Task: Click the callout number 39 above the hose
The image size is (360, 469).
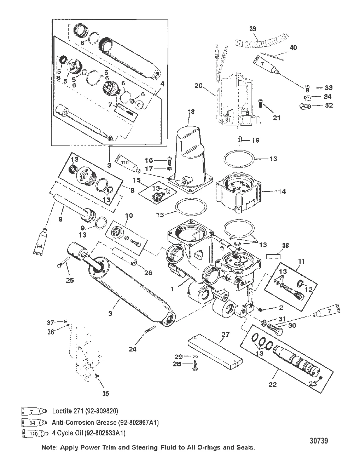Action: (x=253, y=29)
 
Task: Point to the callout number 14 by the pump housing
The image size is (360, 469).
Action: (x=282, y=191)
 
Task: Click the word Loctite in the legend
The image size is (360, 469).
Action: (x=62, y=411)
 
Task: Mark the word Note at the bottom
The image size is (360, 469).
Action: (x=49, y=447)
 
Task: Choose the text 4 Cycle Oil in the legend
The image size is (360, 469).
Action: (x=67, y=433)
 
